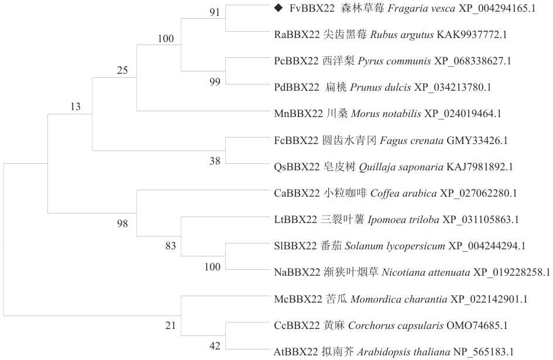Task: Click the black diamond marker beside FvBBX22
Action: [x=279, y=8]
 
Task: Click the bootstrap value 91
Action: [x=215, y=12]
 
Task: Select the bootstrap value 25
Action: [x=122, y=70]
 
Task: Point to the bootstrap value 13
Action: [x=75, y=106]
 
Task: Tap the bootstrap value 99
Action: [x=215, y=82]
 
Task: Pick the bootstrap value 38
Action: [x=215, y=161]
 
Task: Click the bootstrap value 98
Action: [x=122, y=224]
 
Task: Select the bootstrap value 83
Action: [x=171, y=246]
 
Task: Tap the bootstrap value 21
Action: [x=171, y=325]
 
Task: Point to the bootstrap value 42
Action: [x=215, y=346]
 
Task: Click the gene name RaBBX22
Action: [x=297, y=35]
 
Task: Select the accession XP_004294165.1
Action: [x=497, y=8]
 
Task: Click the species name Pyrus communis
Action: [x=394, y=61]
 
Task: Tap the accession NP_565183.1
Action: [x=483, y=352]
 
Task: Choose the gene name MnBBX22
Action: [x=298, y=114]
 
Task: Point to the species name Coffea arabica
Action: [x=403, y=193]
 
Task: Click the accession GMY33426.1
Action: [x=477, y=140]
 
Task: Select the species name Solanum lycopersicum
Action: [x=395, y=246]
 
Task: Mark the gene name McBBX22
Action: [x=298, y=299]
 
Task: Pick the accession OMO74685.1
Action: [x=477, y=325]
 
